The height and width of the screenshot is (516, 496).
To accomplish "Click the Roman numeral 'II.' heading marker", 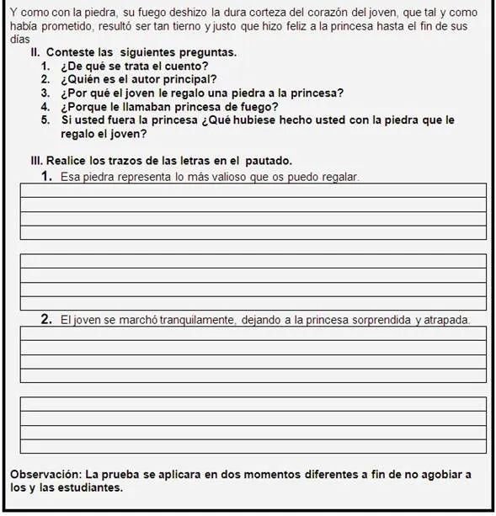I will (35, 52).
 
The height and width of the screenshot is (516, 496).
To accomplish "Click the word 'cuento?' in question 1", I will (188, 66).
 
